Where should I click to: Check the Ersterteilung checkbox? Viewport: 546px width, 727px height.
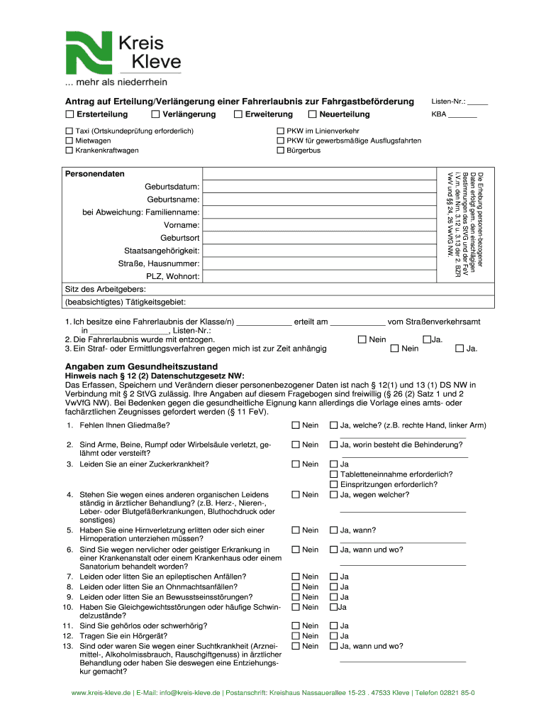point(69,114)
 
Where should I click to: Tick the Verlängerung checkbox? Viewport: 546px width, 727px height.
point(155,114)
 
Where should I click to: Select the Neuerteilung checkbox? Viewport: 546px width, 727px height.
point(312,114)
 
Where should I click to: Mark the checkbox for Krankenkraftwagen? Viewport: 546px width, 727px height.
point(69,151)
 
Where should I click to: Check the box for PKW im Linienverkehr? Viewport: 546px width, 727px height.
point(280,131)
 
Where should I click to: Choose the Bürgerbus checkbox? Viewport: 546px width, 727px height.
point(280,151)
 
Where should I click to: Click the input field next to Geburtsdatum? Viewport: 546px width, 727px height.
point(319,186)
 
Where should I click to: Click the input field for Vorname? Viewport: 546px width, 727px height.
point(319,225)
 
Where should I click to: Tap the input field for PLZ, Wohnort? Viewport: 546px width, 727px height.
point(319,276)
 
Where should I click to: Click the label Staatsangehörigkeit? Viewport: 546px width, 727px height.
point(161,251)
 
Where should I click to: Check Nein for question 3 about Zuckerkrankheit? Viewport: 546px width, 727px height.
point(295,464)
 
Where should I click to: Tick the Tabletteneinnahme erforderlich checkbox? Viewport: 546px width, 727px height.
point(334,474)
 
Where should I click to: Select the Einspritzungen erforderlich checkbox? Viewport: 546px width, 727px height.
point(334,484)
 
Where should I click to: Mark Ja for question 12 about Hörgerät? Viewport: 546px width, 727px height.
point(334,636)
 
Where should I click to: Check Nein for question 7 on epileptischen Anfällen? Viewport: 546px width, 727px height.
point(295,576)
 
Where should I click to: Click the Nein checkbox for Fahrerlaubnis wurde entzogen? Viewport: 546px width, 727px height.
point(362,339)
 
